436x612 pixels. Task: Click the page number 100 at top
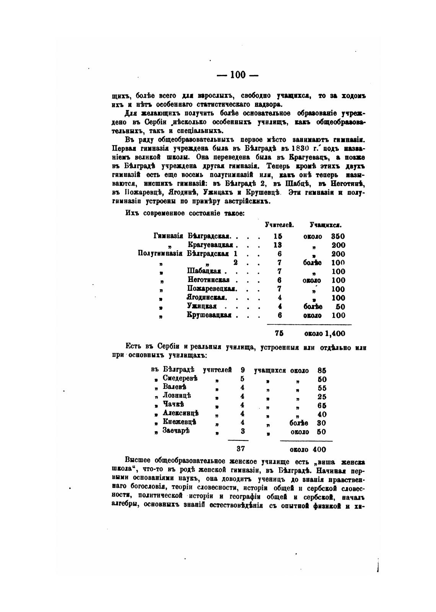[x=238, y=75]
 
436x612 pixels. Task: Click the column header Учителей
[x=279, y=225]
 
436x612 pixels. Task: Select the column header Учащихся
[x=325, y=225]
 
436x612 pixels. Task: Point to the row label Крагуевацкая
[x=211, y=245]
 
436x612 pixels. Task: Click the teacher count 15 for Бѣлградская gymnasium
[x=279, y=236]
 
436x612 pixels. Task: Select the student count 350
[x=338, y=236]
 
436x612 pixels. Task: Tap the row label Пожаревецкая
[x=212, y=289]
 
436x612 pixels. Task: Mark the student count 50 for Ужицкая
[x=340, y=306]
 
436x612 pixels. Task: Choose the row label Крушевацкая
[x=210, y=315]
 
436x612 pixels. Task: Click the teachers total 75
[x=279, y=333]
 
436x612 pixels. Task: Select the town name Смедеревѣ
[x=180, y=378]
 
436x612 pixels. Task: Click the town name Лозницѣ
[x=177, y=396]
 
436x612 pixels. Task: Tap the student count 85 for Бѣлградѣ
[x=322, y=370]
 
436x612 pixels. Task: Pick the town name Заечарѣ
[x=176, y=431]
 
